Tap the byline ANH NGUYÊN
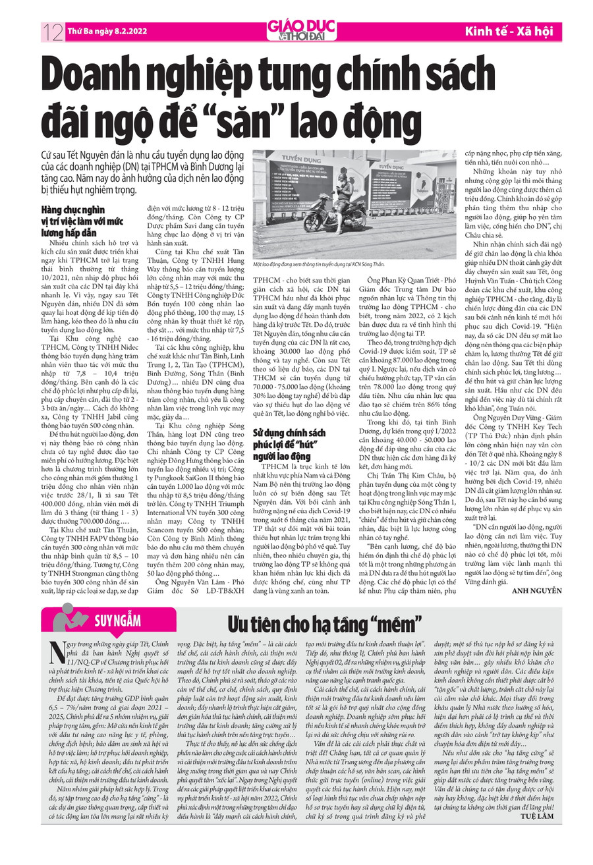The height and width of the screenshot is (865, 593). click(536, 590)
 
